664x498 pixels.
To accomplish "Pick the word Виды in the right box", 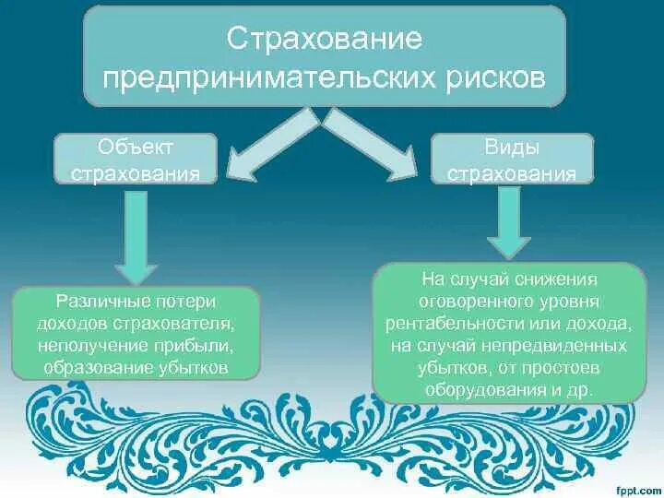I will click(x=513, y=148).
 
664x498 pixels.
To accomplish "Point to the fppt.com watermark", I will click(x=638, y=486).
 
